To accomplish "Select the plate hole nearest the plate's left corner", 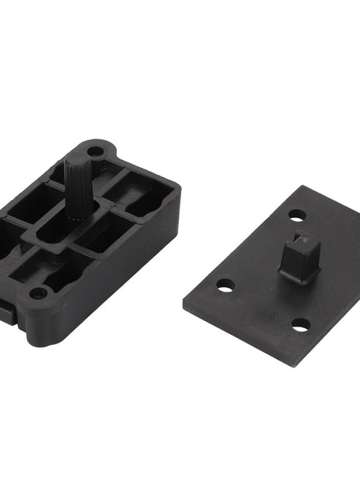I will tap(225, 287).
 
